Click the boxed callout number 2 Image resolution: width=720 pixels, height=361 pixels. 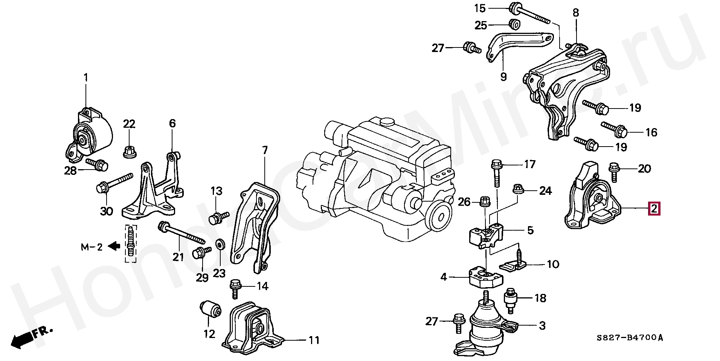(x=654, y=208)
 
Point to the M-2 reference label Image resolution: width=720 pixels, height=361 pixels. (x=92, y=247)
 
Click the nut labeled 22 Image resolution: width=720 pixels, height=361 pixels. (x=129, y=151)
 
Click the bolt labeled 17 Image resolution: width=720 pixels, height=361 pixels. (x=496, y=173)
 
